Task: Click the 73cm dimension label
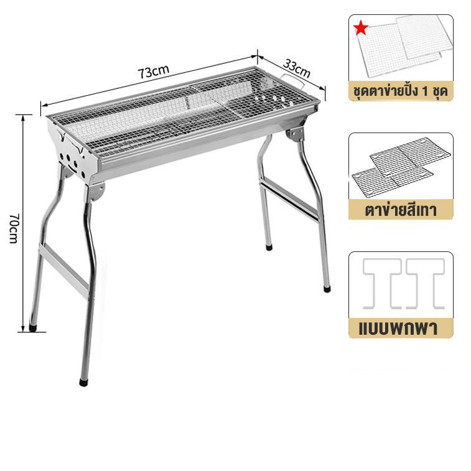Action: tap(154, 72)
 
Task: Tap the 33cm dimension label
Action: tap(297, 68)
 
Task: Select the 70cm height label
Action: tap(14, 228)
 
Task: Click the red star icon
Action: tap(361, 28)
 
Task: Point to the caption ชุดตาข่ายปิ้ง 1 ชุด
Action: tap(401, 91)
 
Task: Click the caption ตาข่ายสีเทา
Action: tap(401, 210)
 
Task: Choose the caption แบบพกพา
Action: tap(398, 329)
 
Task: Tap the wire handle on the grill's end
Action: tap(292, 80)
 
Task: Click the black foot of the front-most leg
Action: tap(83, 383)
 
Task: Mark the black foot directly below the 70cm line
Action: tap(33, 328)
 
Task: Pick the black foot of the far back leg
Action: tap(269, 248)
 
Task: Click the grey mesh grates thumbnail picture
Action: tap(401, 167)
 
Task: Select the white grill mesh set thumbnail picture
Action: tap(404, 47)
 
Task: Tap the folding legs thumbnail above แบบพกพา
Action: tap(403, 284)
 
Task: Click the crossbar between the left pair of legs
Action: tap(63, 271)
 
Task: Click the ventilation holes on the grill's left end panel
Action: tap(72, 164)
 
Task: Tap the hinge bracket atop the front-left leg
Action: tap(96, 192)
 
